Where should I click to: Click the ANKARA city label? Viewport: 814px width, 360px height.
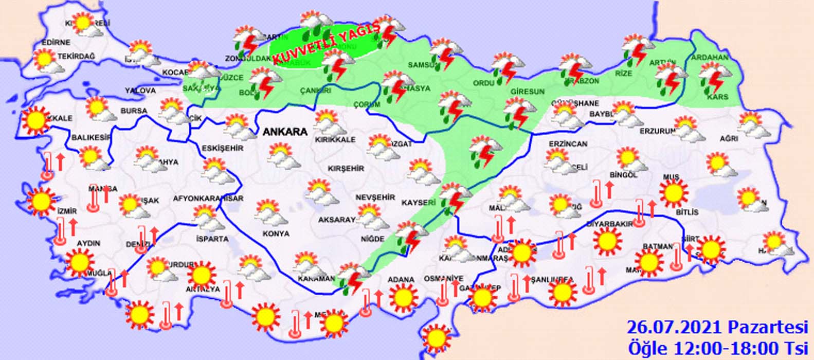point(285,132)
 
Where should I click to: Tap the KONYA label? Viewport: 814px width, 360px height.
point(276,233)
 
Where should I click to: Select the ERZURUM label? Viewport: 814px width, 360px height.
point(657,131)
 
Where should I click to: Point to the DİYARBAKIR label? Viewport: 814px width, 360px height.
point(609,224)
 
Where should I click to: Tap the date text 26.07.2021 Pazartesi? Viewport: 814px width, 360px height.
point(717,327)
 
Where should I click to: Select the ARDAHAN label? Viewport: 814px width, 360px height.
point(710,57)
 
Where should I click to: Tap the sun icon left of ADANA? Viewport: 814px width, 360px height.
point(403,297)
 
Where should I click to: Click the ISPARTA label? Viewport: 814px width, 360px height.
point(212,239)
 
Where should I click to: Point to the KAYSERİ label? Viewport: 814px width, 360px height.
point(419,203)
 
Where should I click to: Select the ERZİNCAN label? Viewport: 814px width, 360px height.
point(568,144)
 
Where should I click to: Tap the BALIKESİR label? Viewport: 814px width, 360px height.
point(92,137)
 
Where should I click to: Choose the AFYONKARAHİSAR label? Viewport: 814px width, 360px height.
point(208,198)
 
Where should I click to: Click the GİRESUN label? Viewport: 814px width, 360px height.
point(527,92)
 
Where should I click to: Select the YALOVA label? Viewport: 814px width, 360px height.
point(140,91)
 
